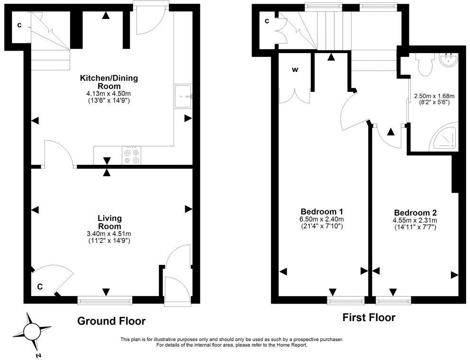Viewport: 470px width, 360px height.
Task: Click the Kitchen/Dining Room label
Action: tap(109, 82)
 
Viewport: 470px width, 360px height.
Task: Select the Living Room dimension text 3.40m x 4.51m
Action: tap(109, 234)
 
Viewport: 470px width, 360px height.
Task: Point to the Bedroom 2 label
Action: tap(415, 213)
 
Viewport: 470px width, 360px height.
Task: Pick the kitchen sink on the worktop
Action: tap(183, 96)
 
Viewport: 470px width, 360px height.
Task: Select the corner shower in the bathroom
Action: tap(443, 136)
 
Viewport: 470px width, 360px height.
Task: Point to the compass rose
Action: tap(32, 332)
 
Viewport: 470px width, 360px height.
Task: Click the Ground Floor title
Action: tap(111, 321)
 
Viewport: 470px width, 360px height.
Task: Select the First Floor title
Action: tap(369, 317)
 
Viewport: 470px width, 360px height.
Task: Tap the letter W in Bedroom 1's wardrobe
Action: tap(295, 70)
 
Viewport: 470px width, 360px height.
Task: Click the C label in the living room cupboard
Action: tap(40, 287)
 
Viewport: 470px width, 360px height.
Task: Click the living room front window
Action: tap(105, 300)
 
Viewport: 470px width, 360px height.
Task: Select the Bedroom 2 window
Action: tap(393, 300)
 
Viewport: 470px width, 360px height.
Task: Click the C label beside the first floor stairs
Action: tap(267, 21)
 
